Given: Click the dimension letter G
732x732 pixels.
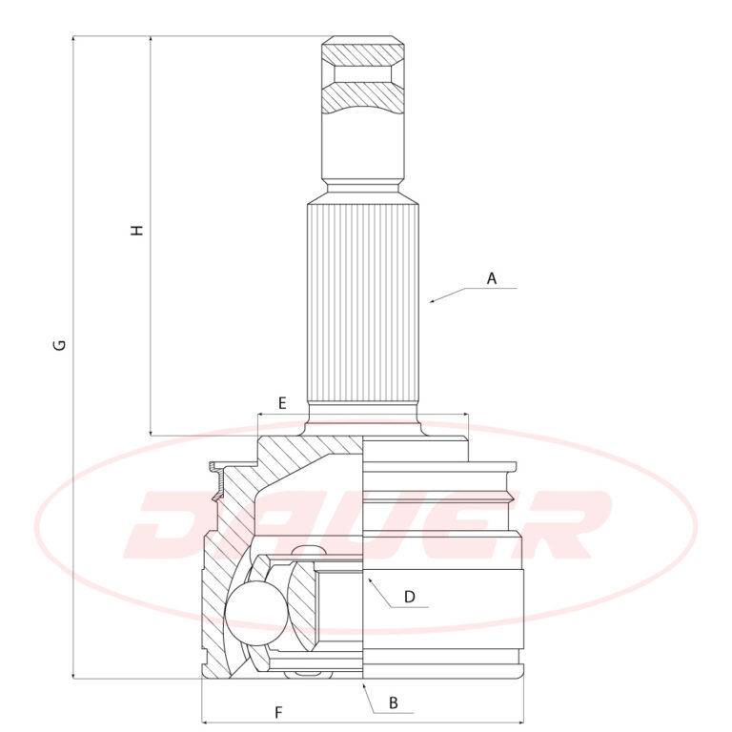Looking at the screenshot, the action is click(60, 345).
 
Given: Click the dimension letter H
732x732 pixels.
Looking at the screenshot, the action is click(137, 230).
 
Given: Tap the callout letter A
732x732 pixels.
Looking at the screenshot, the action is click(492, 278).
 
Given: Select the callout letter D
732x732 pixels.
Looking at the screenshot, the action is click(410, 597).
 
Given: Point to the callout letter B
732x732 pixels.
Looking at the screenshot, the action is click(393, 702).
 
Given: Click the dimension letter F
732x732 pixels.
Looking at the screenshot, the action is click(278, 713).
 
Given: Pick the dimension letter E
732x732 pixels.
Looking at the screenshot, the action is click(282, 403).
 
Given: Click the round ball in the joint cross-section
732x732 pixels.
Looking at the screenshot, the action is click(255, 613).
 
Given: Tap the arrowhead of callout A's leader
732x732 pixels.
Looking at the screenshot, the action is click(433, 301).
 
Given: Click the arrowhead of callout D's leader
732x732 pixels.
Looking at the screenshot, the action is click(370, 580).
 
